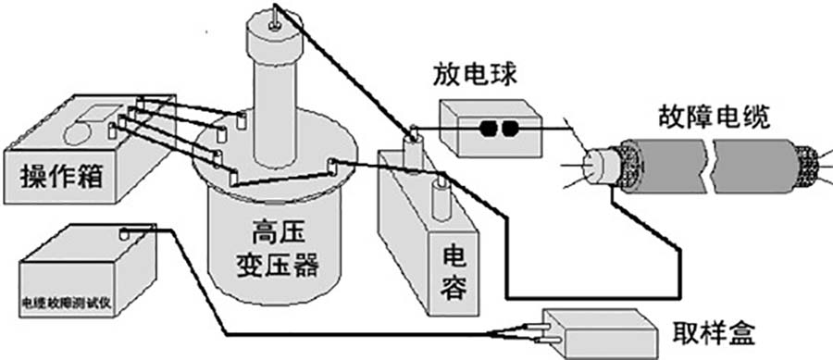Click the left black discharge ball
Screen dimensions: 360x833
pyautogui.click(x=485, y=130)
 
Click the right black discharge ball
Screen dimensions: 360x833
pyautogui.click(x=507, y=130)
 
